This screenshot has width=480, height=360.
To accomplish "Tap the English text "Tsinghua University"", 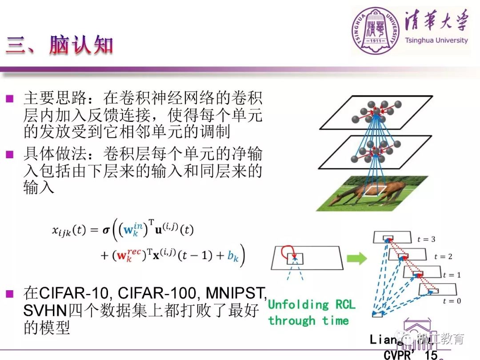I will tap(436, 40).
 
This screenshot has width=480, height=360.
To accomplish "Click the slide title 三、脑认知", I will tap(60, 46).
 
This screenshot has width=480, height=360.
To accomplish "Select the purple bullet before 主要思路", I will tap(10, 98).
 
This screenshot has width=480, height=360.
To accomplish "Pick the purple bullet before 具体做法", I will tap(10, 155).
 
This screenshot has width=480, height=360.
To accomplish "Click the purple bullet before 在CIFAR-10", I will tap(10, 293).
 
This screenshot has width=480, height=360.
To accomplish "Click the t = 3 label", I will tap(426, 239).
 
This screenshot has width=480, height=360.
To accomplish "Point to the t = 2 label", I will tap(443, 256).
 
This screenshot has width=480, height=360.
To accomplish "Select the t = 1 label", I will tap(452, 275).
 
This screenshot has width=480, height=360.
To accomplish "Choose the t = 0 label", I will tap(452, 301).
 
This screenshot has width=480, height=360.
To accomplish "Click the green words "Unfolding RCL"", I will tap(312, 304).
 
